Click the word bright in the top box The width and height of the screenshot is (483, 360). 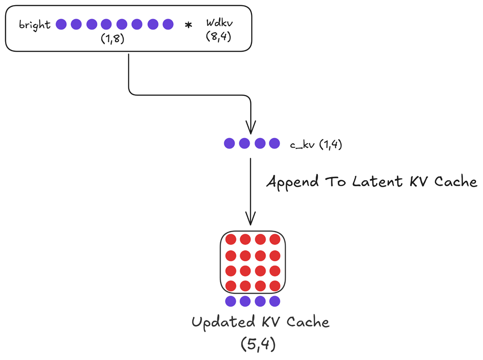[35, 25]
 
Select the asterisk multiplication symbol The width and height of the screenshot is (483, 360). [188, 25]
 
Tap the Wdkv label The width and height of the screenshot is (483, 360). [218, 23]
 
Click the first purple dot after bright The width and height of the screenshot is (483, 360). [61, 24]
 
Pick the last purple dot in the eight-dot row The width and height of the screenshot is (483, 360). [168, 24]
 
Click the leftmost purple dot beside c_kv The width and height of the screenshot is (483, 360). [229, 144]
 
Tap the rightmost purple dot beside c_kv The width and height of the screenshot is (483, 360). [274, 144]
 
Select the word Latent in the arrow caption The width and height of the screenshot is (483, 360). [371, 181]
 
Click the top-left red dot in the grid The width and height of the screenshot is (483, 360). [230, 240]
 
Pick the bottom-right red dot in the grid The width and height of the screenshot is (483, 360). [275, 285]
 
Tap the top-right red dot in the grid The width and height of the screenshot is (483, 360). [275, 240]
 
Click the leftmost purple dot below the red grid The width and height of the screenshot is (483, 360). [230, 301]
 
